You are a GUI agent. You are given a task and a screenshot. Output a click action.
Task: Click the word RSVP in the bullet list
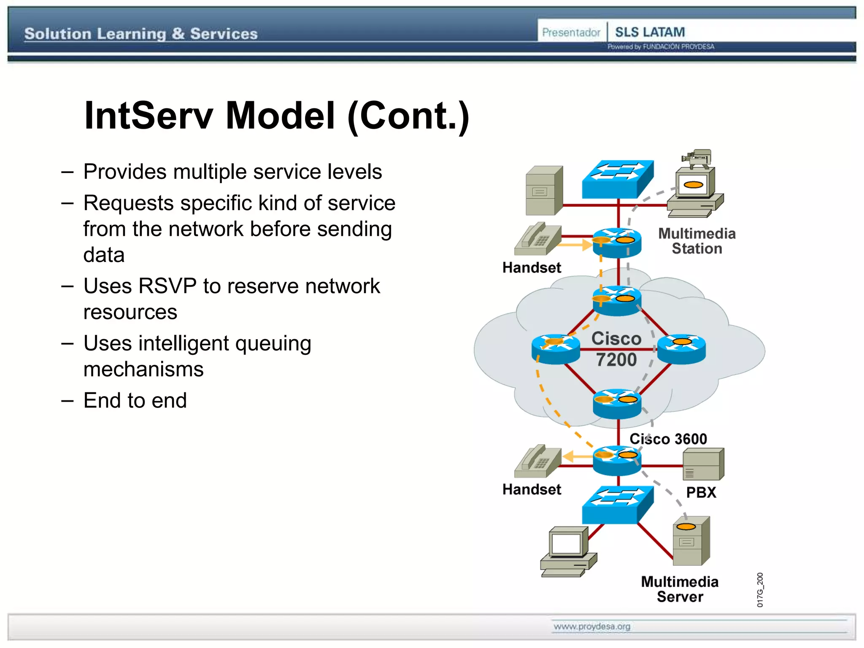coord(167,286)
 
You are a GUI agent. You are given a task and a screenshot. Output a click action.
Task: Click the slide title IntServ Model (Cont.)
coord(276,116)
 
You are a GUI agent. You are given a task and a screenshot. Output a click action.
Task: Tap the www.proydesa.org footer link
coord(592,626)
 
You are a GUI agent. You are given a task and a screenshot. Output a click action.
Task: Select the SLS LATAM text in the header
coord(650,32)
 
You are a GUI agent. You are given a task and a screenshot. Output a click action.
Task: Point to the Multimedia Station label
coord(697,241)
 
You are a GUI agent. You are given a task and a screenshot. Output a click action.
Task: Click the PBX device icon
coord(703,464)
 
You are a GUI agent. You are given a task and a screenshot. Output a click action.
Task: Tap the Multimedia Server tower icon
coord(691,541)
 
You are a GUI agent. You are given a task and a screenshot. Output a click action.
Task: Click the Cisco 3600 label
coord(668,439)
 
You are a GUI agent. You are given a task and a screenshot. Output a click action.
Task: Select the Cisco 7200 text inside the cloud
coord(616,349)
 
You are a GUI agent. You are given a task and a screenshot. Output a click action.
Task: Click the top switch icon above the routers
coord(617,179)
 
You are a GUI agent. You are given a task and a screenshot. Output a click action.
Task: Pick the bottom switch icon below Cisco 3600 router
coord(617,505)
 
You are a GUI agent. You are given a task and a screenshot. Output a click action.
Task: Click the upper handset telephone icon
coord(537,239)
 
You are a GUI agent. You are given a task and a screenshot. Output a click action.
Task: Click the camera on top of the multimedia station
coord(697,158)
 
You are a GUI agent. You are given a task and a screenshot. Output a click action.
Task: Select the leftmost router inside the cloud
coord(556,349)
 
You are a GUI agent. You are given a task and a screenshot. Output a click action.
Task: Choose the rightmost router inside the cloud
coord(682,349)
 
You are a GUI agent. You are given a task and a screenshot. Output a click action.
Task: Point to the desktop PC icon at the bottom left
coord(568,551)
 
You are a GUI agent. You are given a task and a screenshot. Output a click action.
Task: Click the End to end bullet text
coord(135,400)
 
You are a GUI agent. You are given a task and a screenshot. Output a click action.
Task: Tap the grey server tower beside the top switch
coord(544,190)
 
